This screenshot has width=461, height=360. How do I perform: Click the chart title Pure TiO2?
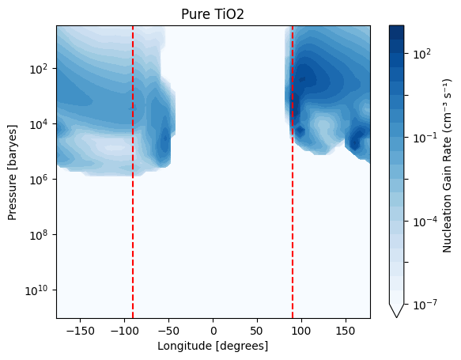[213, 14]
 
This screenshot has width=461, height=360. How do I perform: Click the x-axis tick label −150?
[81, 332]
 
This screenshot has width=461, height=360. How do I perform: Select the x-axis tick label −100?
[124, 332]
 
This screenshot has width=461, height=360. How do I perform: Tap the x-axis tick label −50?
[168, 332]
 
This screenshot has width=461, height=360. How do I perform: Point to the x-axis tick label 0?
[213, 332]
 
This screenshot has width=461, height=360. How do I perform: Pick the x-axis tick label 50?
[257, 332]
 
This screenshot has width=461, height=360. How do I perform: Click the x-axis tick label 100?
[301, 332]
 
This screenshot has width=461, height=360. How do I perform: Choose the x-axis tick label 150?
[346, 332]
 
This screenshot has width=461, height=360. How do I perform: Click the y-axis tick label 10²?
[41, 69]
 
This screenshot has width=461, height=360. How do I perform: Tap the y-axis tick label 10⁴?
[41, 124]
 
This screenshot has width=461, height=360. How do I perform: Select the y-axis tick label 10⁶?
[41, 180]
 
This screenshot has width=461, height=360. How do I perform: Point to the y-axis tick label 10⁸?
[41, 235]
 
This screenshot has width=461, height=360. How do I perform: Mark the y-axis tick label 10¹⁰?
[39, 290]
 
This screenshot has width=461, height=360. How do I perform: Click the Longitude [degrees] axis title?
[213, 347]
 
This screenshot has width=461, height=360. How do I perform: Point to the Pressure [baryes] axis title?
[13, 172]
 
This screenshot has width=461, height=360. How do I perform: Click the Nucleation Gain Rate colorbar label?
[447, 165]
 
